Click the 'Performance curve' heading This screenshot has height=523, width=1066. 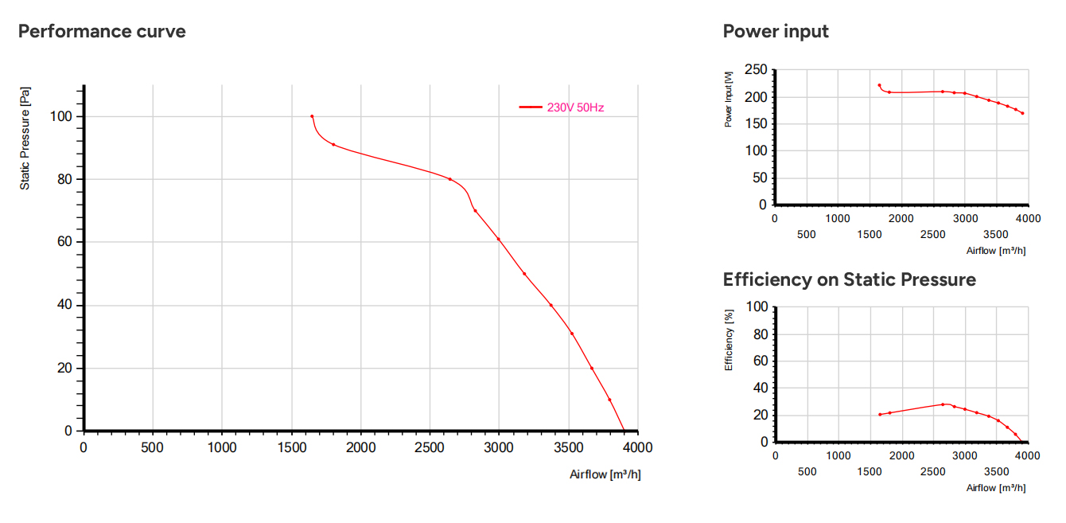pyautogui.click(x=102, y=31)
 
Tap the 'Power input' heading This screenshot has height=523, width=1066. pyautogui.click(x=776, y=31)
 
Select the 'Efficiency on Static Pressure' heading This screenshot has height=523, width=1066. pyautogui.click(x=850, y=279)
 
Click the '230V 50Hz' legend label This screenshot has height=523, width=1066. pyautogui.click(x=575, y=107)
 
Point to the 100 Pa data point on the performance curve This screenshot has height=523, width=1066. pyautogui.click(x=312, y=116)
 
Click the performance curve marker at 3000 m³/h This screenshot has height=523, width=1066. pyautogui.click(x=499, y=239)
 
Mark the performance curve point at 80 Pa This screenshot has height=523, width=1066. pyautogui.click(x=449, y=179)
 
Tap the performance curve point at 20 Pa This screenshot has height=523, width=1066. pyautogui.click(x=592, y=369)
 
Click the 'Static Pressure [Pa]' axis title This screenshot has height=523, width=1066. pyautogui.click(x=25, y=139)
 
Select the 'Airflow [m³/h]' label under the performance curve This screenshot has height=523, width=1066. pyautogui.click(x=605, y=474)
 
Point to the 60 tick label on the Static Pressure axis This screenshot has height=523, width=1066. pyautogui.click(x=64, y=242)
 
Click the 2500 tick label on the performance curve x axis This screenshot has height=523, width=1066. pyautogui.click(x=430, y=447)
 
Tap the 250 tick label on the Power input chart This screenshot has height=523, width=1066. pyautogui.click(x=757, y=69)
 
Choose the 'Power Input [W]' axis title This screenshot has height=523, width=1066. pyautogui.click(x=728, y=100)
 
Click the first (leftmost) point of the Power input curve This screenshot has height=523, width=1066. pyautogui.click(x=880, y=85)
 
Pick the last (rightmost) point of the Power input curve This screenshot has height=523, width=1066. pyautogui.click(x=1023, y=113)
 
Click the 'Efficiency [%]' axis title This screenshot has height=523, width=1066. pyautogui.click(x=729, y=340)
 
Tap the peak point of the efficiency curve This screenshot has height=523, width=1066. pyautogui.click(x=943, y=404)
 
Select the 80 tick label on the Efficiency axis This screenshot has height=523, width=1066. pyautogui.click(x=761, y=334)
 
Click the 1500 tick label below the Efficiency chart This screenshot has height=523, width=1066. pyautogui.click(x=870, y=471)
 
